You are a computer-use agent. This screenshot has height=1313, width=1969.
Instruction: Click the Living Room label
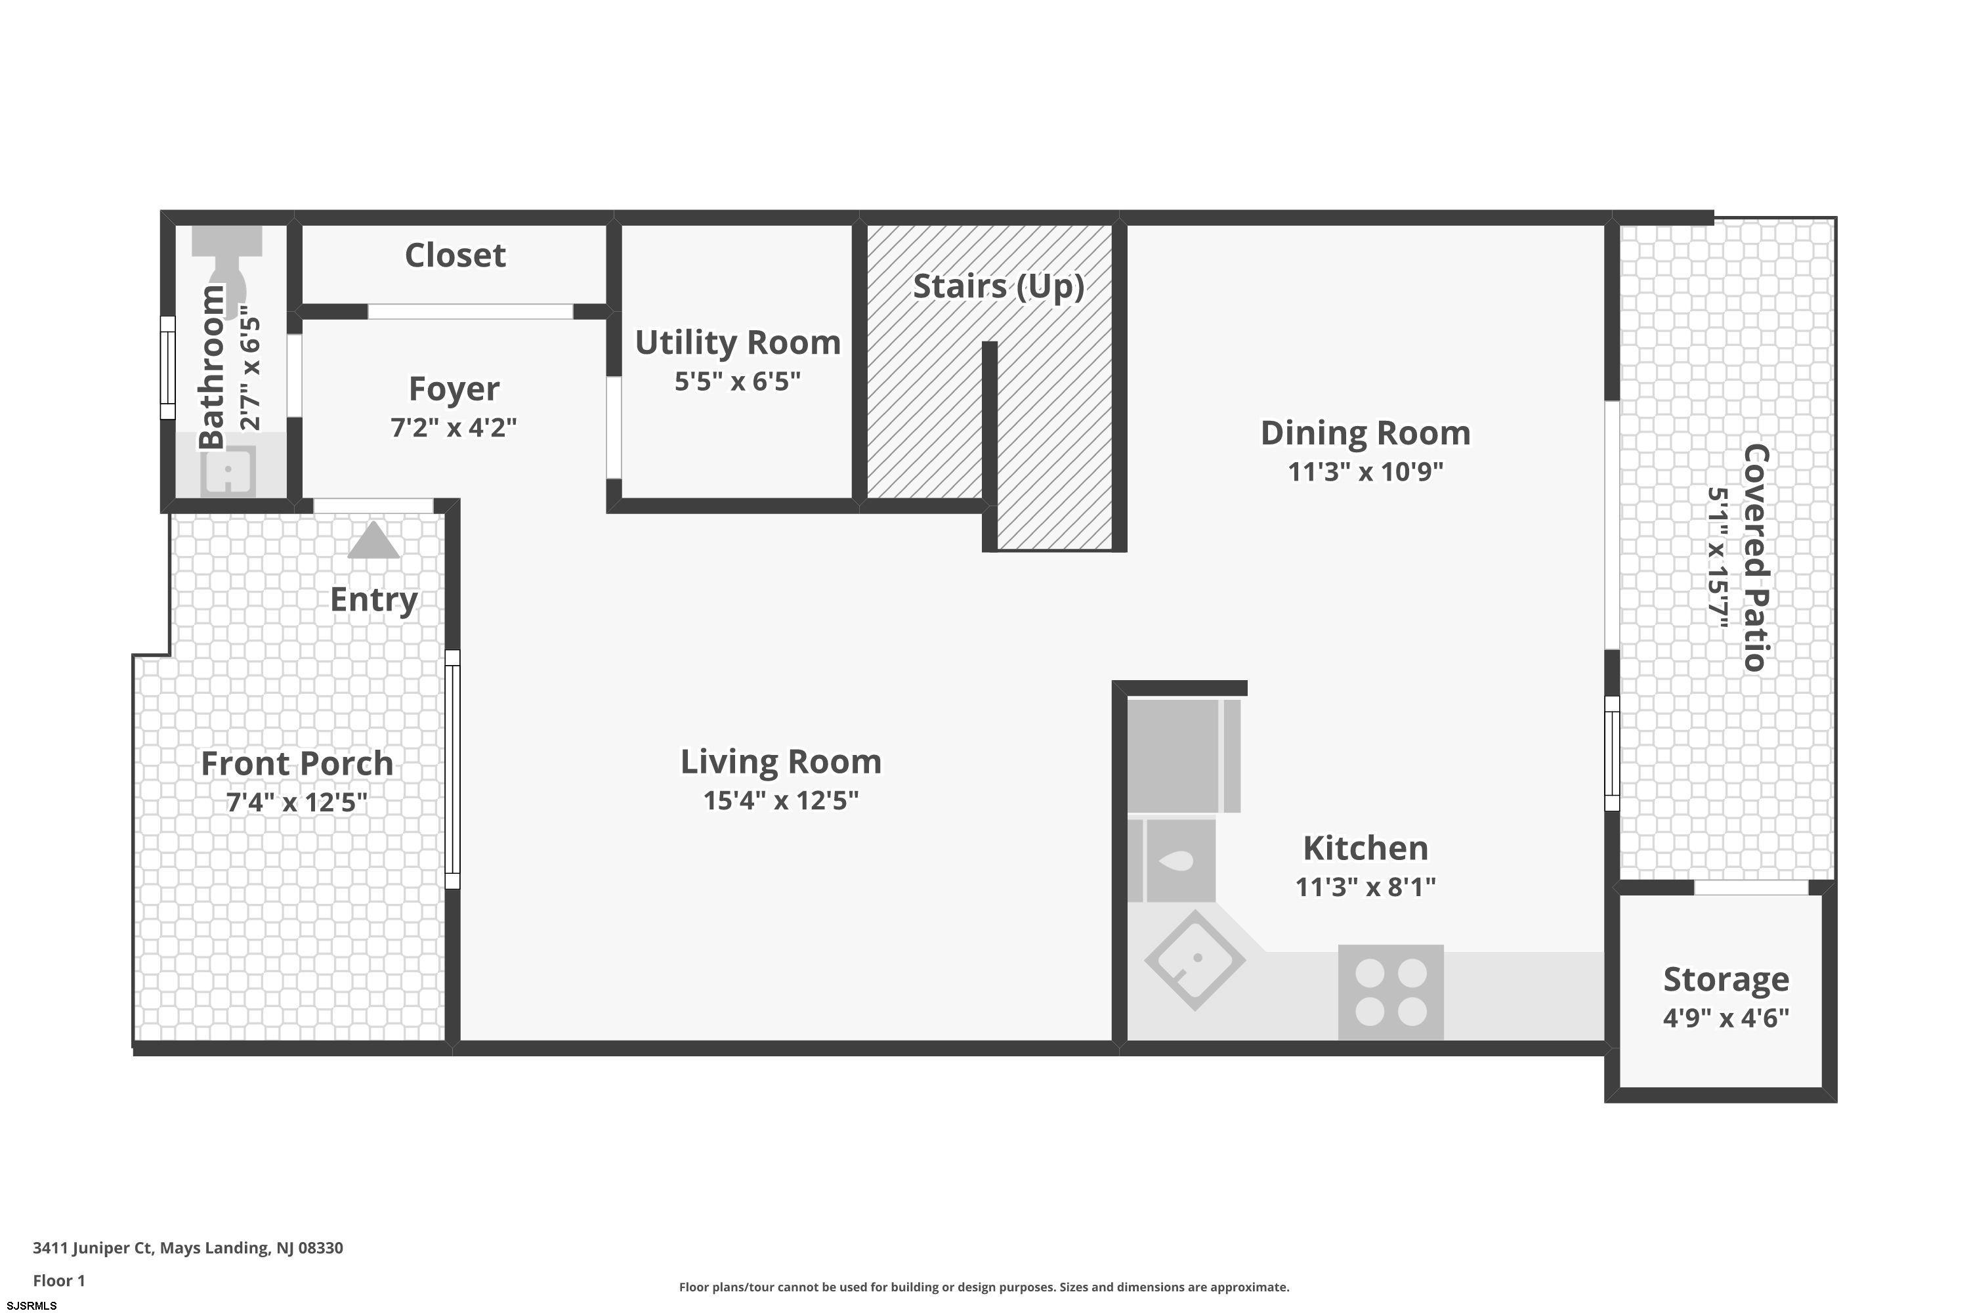(x=780, y=762)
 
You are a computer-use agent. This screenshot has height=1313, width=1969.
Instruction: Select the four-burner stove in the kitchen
(x=1391, y=992)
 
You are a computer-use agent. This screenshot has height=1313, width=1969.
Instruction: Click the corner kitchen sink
(x=1195, y=960)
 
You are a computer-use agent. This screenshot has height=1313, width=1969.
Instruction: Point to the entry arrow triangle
(x=373, y=540)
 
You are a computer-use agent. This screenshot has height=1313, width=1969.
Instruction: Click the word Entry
(x=373, y=599)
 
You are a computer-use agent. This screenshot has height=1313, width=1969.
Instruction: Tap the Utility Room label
(x=738, y=343)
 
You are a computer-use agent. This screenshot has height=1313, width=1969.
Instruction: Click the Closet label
(x=455, y=255)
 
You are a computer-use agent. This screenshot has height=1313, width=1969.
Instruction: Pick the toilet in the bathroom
(x=227, y=262)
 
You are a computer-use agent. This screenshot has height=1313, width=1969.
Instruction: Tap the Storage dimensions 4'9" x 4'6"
(x=1726, y=1018)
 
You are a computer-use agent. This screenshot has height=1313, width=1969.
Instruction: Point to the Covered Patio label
(x=1756, y=557)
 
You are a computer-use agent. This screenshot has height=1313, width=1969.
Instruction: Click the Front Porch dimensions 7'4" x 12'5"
(x=297, y=802)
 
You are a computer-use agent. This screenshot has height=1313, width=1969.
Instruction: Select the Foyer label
(x=454, y=389)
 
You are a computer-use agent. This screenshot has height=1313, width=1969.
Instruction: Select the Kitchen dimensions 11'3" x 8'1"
(x=1365, y=887)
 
